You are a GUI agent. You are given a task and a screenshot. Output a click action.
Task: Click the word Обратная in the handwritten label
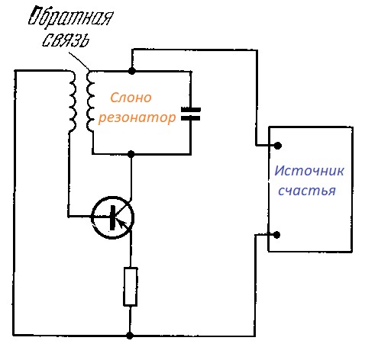pyautogui.click(x=70, y=18)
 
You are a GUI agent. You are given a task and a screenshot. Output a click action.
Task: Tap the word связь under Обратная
pyautogui.click(x=66, y=40)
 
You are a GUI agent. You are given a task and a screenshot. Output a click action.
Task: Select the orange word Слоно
pyautogui.click(x=131, y=98)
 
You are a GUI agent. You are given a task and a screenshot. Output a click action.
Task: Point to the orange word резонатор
pyautogui.click(x=137, y=118)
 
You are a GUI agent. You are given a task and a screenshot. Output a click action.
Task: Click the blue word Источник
pyautogui.click(x=309, y=171)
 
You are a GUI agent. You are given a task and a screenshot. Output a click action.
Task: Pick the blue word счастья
pyautogui.click(x=307, y=191)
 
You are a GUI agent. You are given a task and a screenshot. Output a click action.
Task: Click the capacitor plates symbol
pyautogui.click(x=191, y=114)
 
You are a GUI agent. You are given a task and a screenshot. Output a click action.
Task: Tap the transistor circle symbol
pyautogui.click(x=112, y=217)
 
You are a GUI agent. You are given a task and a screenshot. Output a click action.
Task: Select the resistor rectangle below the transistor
pyautogui.click(x=131, y=286)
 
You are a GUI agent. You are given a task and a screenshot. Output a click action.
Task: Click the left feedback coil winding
pyautogui.click(x=73, y=101)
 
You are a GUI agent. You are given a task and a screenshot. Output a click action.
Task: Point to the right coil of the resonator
pyautogui.click(x=90, y=101)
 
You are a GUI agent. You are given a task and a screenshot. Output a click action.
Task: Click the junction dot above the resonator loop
pyautogui.click(x=131, y=71)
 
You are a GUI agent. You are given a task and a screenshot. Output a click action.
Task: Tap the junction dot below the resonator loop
pyautogui.click(x=131, y=154)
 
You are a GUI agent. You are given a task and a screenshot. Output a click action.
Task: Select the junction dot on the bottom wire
pyautogui.click(x=130, y=336)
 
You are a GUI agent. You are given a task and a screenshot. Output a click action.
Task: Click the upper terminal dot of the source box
pyautogui.click(x=278, y=146)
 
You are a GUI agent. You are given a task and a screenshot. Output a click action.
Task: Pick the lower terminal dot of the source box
pyautogui.click(x=276, y=235)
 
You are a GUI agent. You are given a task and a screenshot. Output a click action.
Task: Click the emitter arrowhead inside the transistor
pyautogui.click(x=123, y=223)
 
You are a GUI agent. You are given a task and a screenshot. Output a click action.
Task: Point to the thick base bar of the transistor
pyautogui.click(x=112, y=217)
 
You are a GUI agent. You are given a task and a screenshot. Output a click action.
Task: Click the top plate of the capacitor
pyautogui.click(x=191, y=110)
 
